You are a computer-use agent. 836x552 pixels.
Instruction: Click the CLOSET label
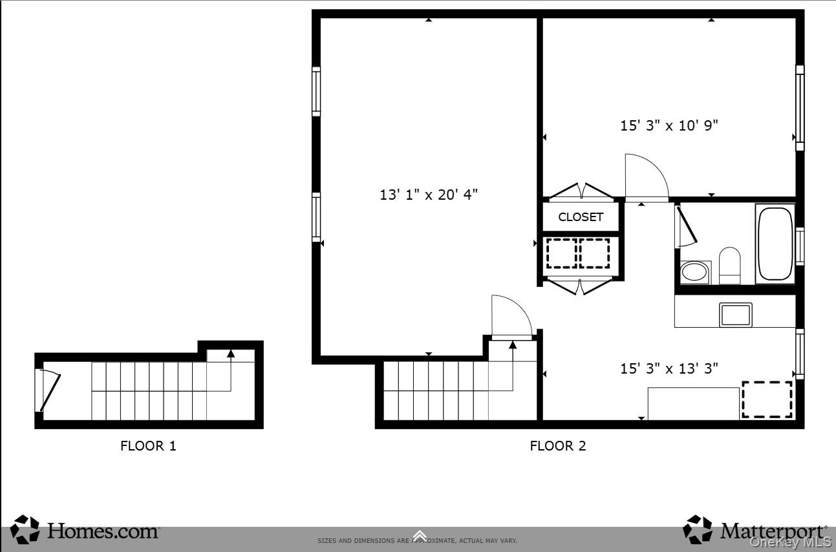[x=581, y=217]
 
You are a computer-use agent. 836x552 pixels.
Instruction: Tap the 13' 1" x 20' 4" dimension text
[x=429, y=194]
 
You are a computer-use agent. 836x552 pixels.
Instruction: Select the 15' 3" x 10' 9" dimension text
[x=669, y=125]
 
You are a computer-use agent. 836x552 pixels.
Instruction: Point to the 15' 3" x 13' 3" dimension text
[x=669, y=368]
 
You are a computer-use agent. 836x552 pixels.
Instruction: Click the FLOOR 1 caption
[x=148, y=445]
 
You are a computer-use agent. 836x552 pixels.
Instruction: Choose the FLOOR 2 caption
[x=557, y=445]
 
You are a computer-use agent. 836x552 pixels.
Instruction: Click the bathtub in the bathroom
[x=775, y=243]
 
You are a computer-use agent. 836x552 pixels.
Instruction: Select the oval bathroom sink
[x=694, y=272]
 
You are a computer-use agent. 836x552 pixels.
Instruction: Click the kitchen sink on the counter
[x=736, y=314]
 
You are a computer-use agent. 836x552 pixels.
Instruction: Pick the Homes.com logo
[x=85, y=530]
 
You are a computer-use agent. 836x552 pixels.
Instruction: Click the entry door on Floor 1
[x=48, y=390]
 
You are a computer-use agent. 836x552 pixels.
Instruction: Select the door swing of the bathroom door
[x=685, y=226]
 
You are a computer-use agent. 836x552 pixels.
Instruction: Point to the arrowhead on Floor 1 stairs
[x=231, y=353]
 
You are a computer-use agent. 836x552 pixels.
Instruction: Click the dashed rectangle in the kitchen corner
[x=767, y=399]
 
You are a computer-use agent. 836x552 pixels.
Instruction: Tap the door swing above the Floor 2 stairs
[x=511, y=316]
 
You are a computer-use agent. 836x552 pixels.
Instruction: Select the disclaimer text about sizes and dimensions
[x=417, y=540]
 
